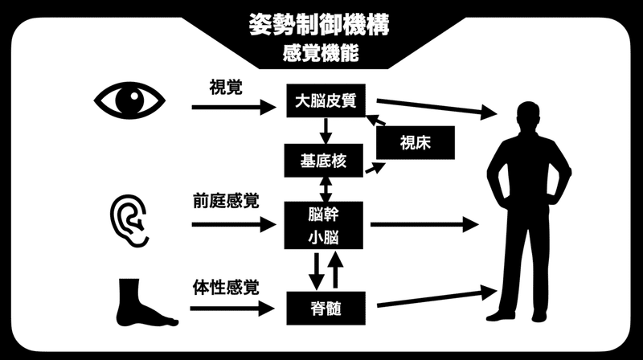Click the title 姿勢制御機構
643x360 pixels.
pyautogui.click(x=321, y=23)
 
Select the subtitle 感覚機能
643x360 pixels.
pyautogui.click(x=321, y=55)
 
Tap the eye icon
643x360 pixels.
pyautogui.click(x=129, y=100)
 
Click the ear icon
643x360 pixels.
pyautogui.click(x=129, y=215)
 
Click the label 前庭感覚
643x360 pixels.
pyautogui.click(x=226, y=200)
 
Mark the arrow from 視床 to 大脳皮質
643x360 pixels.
pyautogui.click(x=377, y=120)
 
